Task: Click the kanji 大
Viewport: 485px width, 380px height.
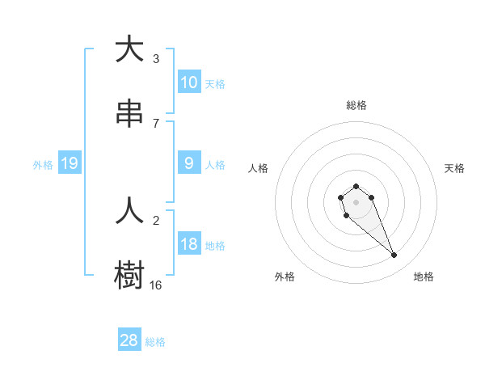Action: pyautogui.click(x=129, y=50)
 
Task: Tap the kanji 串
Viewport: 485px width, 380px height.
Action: pyautogui.click(x=129, y=114)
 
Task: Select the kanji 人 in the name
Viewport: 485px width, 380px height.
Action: pyautogui.click(x=129, y=211)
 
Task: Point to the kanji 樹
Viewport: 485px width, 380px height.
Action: pyautogui.click(x=129, y=275)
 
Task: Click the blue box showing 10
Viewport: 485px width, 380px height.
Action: pyautogui.click(x=189, y=82)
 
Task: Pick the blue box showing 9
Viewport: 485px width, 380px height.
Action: pyautogui.click(x=189, y=163)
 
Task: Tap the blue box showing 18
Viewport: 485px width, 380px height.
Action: pyautogui.click(x=189, y=244)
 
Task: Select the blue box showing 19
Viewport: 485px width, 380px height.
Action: pyautogui.click(x=70, y=163)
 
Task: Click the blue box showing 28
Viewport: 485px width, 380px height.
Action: pyautogui.click(x=129, y=340)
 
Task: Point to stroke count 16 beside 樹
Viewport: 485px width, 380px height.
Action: pyautogui.click(x=156, y=285)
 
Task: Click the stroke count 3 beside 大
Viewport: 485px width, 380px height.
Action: pyautogui.click(x=156, y=58)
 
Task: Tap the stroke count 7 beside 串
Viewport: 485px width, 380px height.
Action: pyautogui.click(x=156, y=123)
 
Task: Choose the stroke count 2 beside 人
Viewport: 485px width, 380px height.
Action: pyautogui.click(x=156, y=220)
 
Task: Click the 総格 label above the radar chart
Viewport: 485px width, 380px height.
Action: pyautogui.click(x=356, y=105)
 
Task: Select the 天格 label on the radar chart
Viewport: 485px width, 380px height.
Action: pyautogui.click(x=454, y=168)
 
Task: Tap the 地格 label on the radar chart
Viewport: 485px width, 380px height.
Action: pyautogui.click(x=424, y=277)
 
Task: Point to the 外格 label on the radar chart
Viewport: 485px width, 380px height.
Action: pyautogui.click(x=285, y=277)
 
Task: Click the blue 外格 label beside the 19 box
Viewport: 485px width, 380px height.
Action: pyautogui.click(x=43, y=164)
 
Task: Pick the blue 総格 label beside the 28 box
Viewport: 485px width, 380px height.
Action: pyautogui.click(x=155, y=342)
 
